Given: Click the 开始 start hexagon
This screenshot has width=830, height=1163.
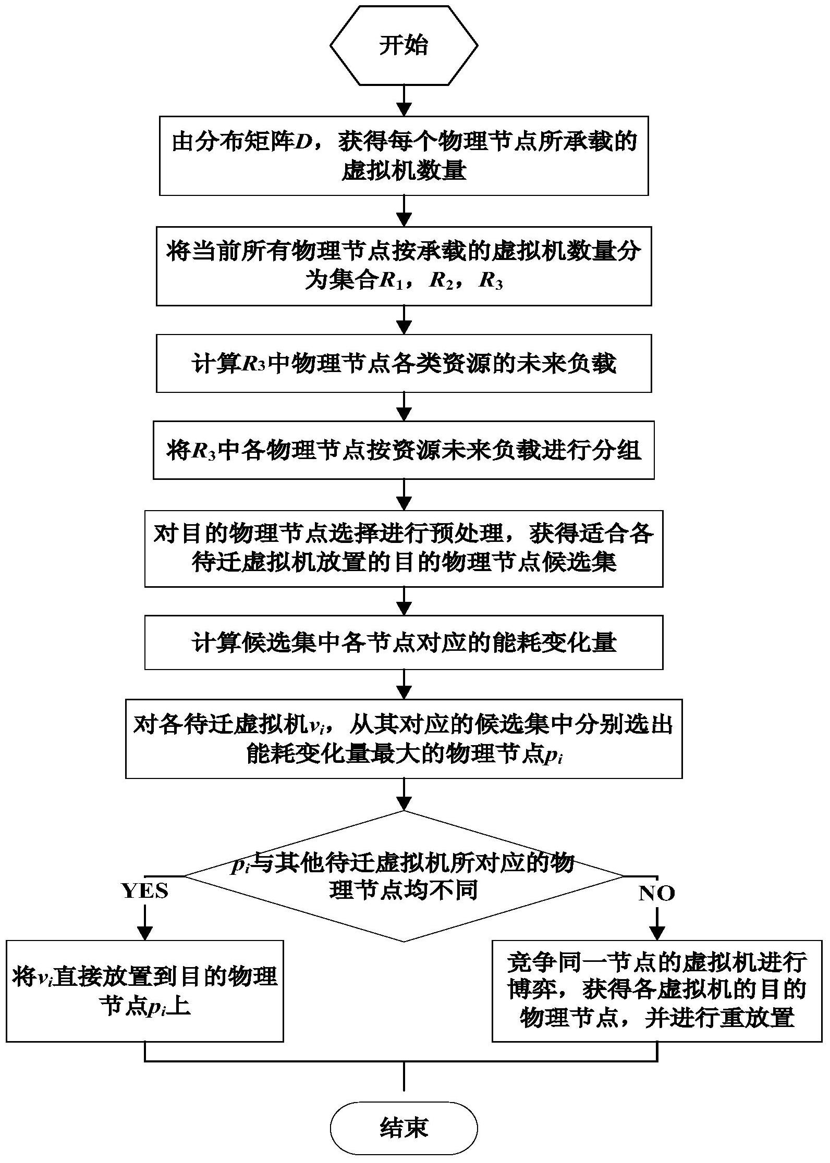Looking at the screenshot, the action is coord(404,45).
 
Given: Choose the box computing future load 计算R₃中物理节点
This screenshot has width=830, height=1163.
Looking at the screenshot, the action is coord(404,363).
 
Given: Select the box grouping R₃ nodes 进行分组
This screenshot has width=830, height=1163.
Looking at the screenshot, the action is coord(404,450).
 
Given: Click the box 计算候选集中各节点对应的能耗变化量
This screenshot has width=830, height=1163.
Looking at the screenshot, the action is coord(404,642).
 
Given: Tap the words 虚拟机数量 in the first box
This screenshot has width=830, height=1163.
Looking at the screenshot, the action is coord(404,171).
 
